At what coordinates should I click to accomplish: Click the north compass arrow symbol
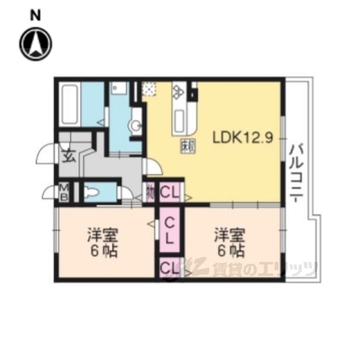point(34,44)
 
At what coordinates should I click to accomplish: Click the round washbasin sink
point(136,126)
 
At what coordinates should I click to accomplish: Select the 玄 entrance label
point(67,156)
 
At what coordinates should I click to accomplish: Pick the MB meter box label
point(64,193)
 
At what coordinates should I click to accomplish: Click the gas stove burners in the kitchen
point(180,94)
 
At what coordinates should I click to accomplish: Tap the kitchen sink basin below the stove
point(180,119)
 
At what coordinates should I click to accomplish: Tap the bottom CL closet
point(169,268)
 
